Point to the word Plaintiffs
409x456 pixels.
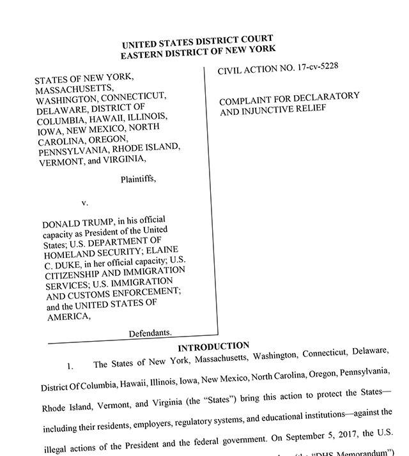click(138, 179)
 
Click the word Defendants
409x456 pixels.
click(151, 333)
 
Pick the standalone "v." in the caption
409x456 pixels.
click(85, 202)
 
